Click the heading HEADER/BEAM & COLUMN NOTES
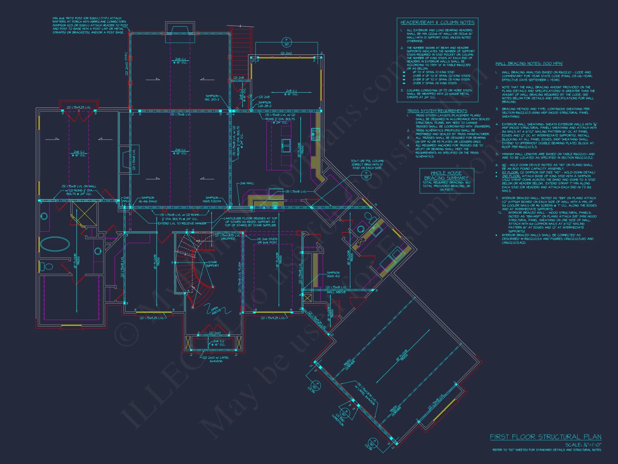[437, 23]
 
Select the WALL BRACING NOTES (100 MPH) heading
[529, 64]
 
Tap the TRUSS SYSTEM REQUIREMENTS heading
[437, 111]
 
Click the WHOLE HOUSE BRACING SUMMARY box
[447, 181]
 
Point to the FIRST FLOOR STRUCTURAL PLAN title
[545, 437]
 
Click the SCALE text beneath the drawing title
[583, 445]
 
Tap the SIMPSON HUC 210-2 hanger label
[212, 98]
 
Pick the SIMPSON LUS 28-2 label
[265, 104]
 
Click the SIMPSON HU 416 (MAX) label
[149, 200]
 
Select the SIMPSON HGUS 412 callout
[333, 274]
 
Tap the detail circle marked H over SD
[366, 175]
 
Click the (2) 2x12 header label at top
[286, 53]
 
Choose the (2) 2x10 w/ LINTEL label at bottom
[216, 359]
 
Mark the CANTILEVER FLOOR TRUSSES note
[250, 222]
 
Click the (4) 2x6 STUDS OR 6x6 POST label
[267, 241]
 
